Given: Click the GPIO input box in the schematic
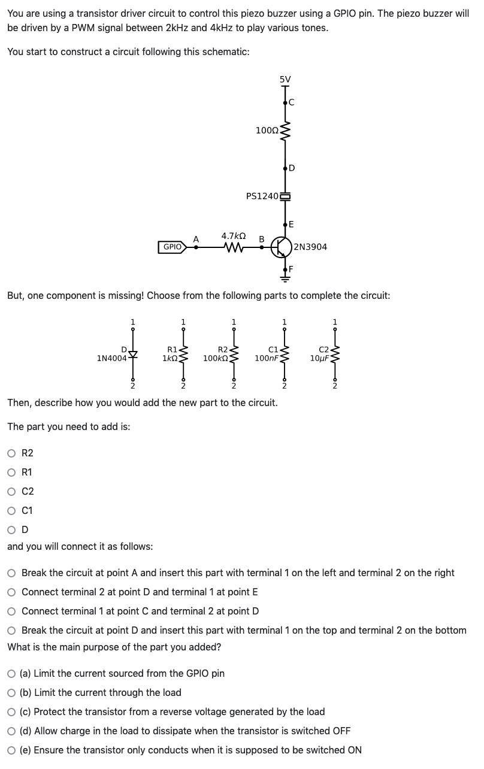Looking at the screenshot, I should (172, 247).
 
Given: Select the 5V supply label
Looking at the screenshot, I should (285, 78).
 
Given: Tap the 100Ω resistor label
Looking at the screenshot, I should (267, 130).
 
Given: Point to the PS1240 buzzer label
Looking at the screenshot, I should (262, 196).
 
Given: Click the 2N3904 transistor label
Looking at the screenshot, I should (311, 247).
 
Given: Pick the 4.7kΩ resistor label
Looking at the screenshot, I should (231, 236).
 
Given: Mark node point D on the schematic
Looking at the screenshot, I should (286, 167).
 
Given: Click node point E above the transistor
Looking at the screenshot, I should (286, 225).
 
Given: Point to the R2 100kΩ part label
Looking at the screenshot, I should (217, 354).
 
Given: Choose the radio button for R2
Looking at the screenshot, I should (12, 453).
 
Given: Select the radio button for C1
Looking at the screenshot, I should (12, 510).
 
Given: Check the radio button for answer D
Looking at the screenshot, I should (12, 529).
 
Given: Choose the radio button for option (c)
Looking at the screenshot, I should (12, 712).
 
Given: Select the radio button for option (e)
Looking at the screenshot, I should (12, 750).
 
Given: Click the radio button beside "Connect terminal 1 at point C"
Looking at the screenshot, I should (12, 611).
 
